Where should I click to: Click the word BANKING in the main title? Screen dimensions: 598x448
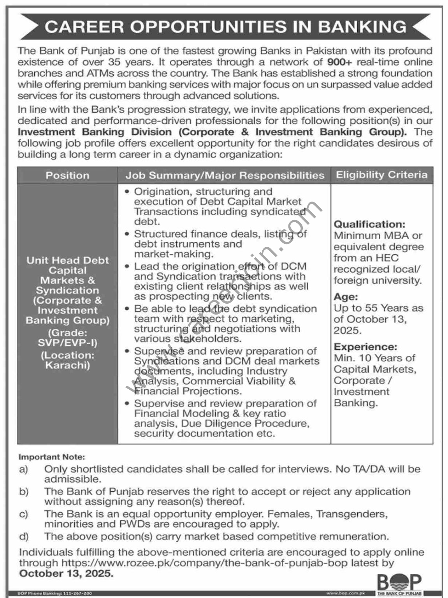(x=362, y=26)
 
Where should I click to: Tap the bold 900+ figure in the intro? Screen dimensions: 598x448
(x=341, y=62)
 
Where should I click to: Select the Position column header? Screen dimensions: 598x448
(x=67, y=175)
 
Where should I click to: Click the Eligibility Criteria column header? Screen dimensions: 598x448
(x=381, y=175)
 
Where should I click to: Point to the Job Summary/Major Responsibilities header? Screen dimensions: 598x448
(x=225, y=175)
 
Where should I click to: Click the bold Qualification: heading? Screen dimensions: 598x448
(x=369, y=224)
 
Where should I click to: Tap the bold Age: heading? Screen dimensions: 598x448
(x=346, y=297)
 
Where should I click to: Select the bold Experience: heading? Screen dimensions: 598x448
(x=365, y=346)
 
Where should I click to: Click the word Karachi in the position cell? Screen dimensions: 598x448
(x=67, y=365)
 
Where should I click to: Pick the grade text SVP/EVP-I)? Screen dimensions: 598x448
(x=67, y=343)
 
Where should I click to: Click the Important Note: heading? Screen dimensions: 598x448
(x=51, y=457)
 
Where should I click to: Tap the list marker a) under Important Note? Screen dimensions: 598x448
(x=23, y=469)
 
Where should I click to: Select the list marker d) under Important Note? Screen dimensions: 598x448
(x=23, y=536)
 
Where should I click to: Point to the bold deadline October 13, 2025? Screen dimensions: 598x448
(x=66, y=573)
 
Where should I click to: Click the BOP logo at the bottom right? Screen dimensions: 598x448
(x=399, y=584)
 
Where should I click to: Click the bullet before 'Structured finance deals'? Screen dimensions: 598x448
(x=127, y=234)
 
